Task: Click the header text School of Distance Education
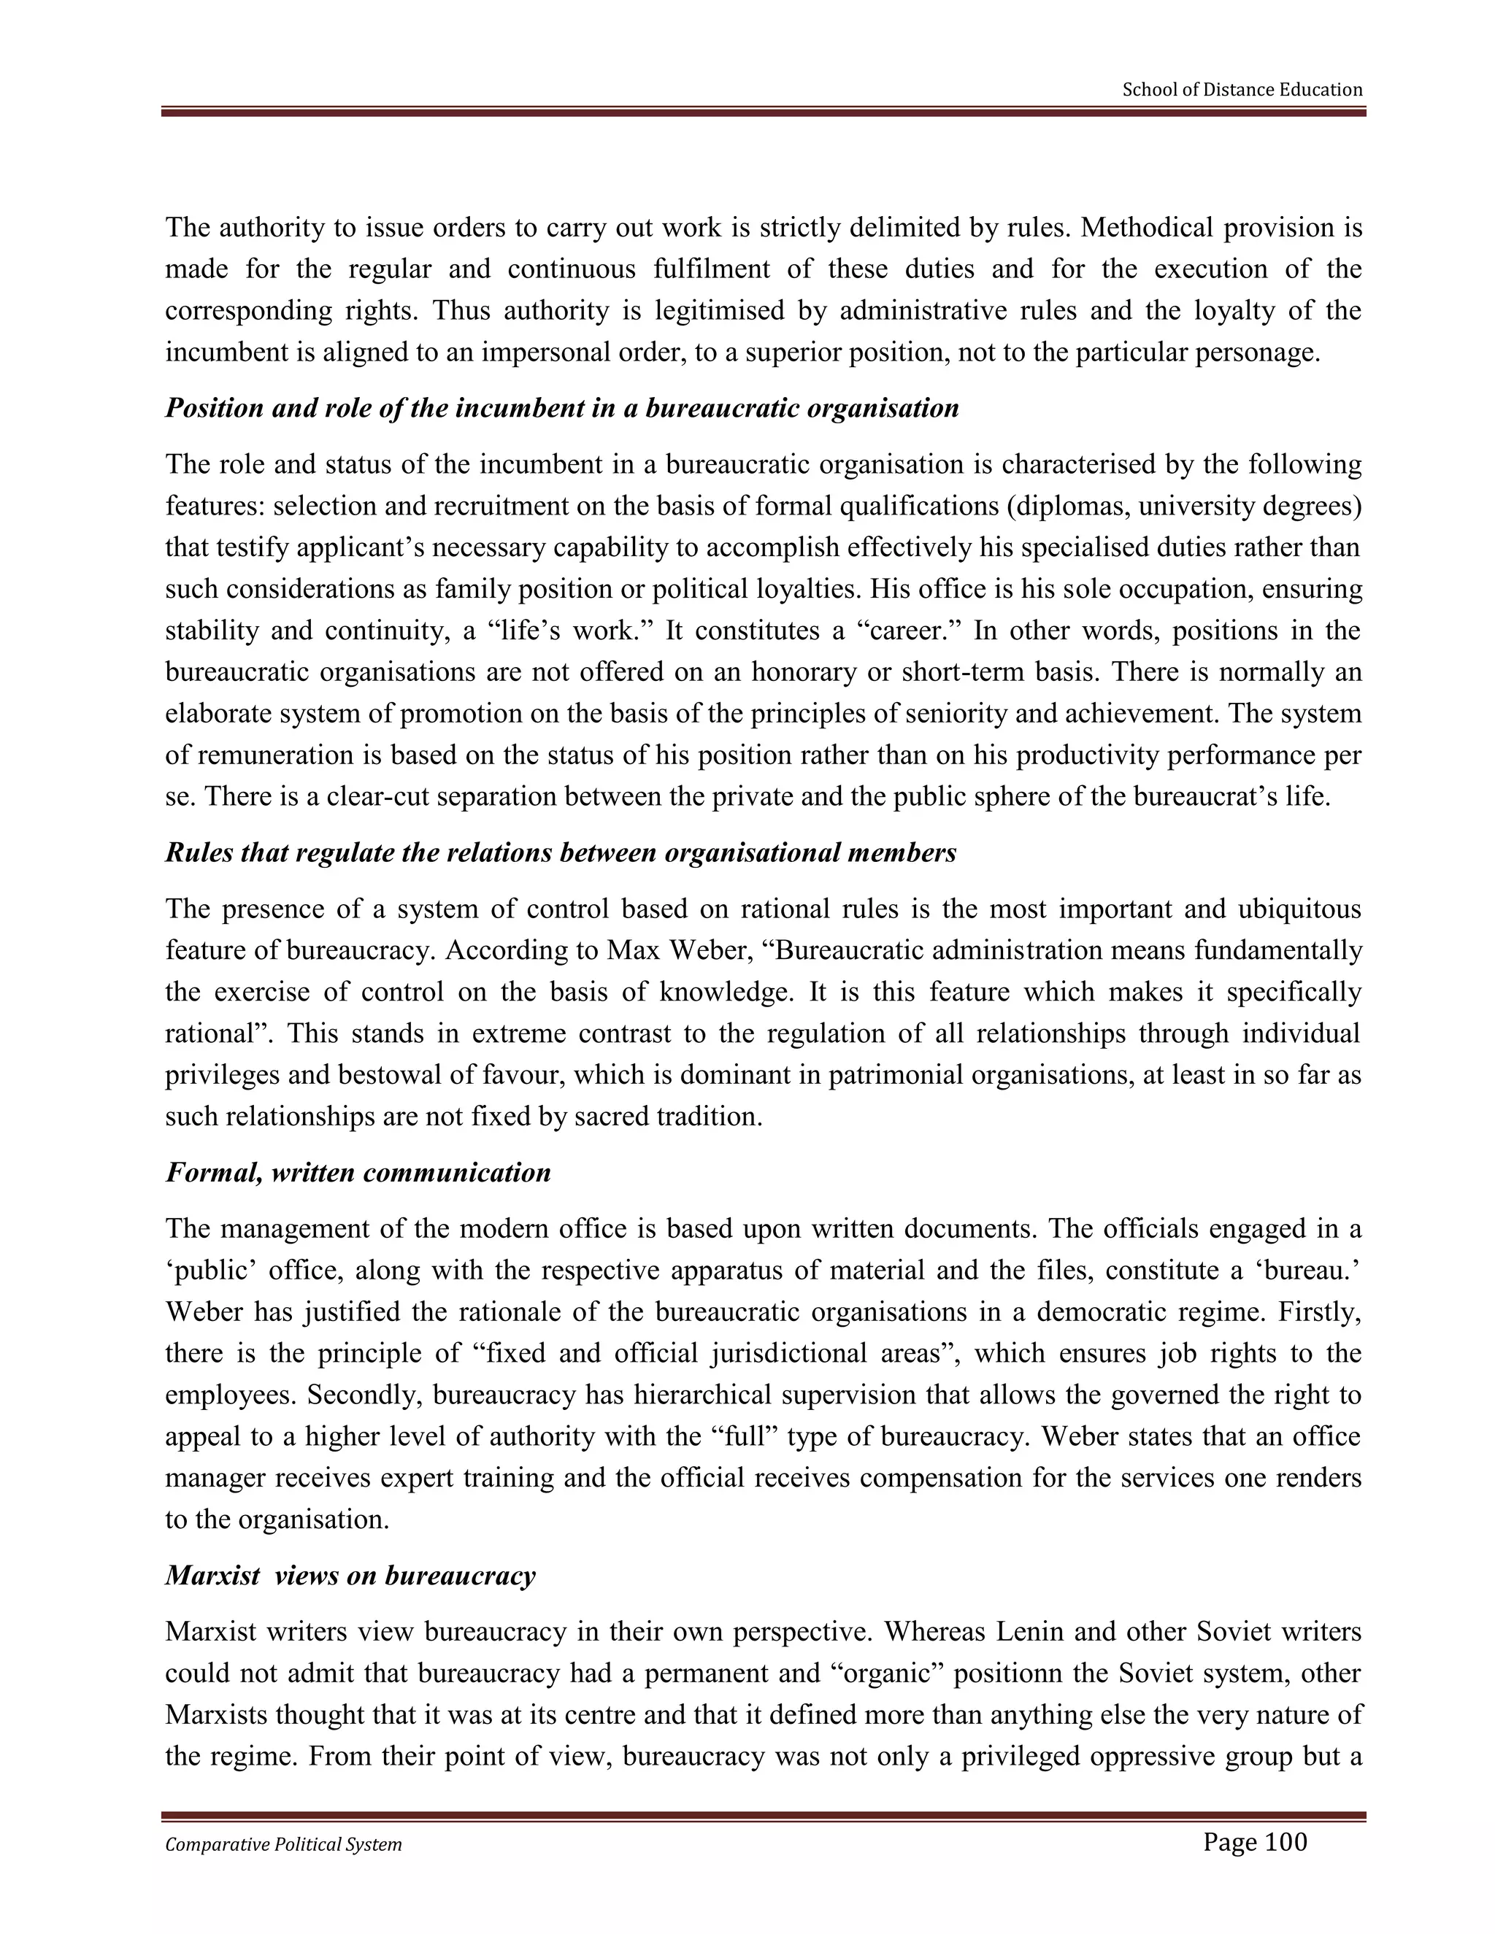[1242, 90]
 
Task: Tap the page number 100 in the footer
[1254, 1842]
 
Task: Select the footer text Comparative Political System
[283, 1844]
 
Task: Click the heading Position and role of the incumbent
[561, 408]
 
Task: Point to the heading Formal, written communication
[358, 1173]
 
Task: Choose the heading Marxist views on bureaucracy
[350, 1576]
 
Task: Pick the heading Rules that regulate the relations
[561, 852]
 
